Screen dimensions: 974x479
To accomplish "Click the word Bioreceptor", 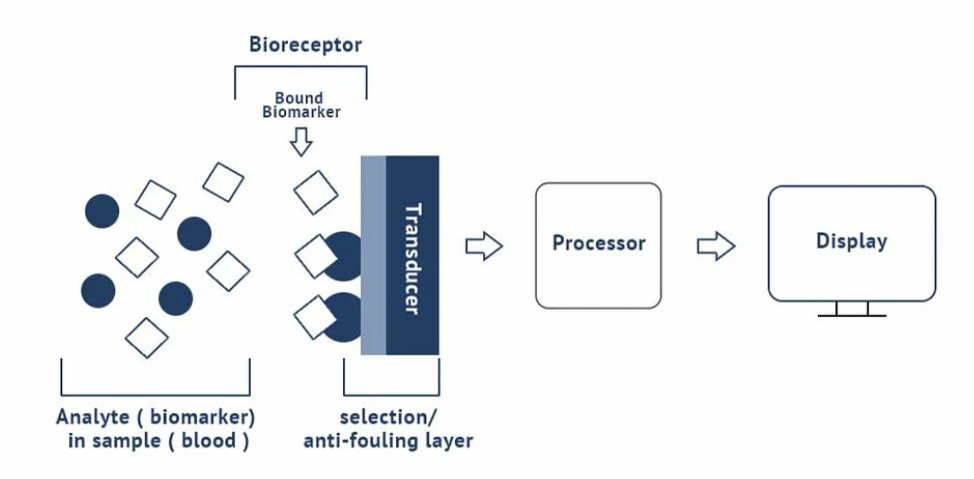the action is (305, 45).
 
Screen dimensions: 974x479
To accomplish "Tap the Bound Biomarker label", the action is (301, 105).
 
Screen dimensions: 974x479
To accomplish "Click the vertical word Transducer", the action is (413, 258).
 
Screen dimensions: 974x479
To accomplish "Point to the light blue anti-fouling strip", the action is (374, 256).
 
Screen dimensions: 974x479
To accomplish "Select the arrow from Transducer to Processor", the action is (484, 246).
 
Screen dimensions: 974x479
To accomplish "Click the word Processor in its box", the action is (599, 243).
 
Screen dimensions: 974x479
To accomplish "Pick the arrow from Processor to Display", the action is (716, 246).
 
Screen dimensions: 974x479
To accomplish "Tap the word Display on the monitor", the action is (852, 242).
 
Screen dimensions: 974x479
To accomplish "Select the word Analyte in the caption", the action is (93, 418).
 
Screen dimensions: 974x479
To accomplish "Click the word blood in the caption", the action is (209, 441).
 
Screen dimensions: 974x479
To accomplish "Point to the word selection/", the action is (388, 418).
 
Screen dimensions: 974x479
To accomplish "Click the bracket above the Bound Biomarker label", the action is (301, 67).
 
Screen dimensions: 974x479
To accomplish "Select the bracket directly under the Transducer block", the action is (391, 395).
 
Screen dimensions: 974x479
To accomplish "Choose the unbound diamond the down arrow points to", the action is (316, 192).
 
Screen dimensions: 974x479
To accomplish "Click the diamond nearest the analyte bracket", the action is (147, 338).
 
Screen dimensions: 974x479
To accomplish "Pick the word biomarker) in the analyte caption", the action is (202, 417).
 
